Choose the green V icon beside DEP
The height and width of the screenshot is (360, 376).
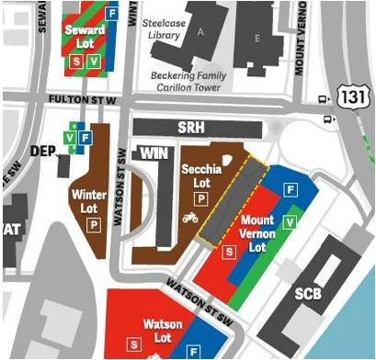[x=70, y=138]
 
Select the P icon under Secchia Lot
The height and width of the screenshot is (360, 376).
[x=199, y=197]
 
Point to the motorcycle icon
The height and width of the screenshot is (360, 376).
[x=190, y=218]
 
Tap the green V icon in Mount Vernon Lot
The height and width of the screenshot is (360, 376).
[x=291, y=222]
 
